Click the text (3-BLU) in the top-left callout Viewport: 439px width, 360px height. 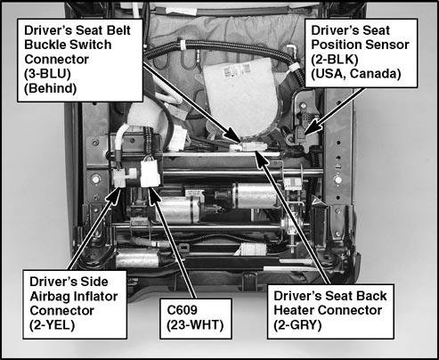coord(47,74)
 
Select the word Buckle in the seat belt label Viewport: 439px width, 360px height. coord(42,45)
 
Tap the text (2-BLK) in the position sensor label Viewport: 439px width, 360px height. coord(335,60)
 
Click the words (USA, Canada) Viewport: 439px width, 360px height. coord(356,74)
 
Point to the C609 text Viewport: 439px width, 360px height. coord(182,310)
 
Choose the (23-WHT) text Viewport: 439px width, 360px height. coord(195,324)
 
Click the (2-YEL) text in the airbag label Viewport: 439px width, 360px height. coord(52,324)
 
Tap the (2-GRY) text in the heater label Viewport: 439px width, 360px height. coord(297,324)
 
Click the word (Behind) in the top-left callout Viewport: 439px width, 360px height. coord(50,88)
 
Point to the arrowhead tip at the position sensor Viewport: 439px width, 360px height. coord(305,135)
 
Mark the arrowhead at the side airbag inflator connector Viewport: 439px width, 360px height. coord(119,188)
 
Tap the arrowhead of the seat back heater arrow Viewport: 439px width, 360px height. coord(256,151)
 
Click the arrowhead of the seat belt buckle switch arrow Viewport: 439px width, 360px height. coord(240,142)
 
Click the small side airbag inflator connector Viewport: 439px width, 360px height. coord(119,177)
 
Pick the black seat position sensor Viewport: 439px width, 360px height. coord(300,135)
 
